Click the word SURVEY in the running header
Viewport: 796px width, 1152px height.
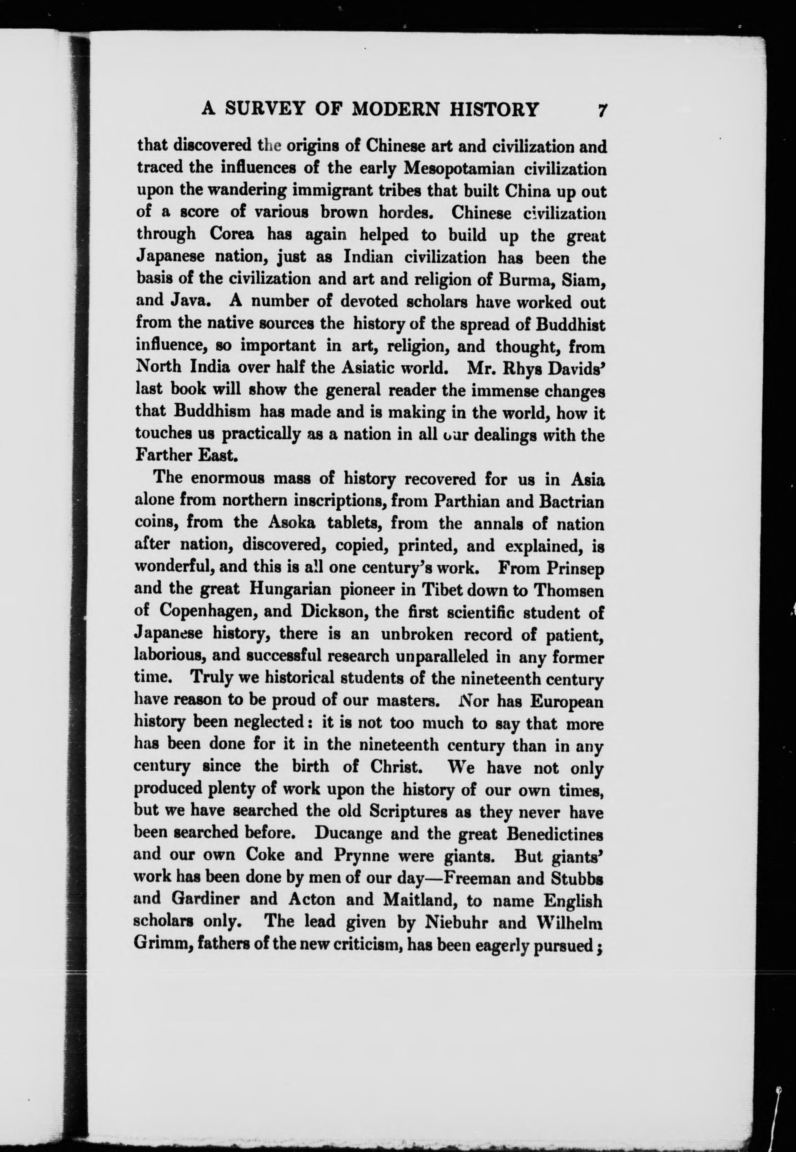[x=264, y=109]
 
